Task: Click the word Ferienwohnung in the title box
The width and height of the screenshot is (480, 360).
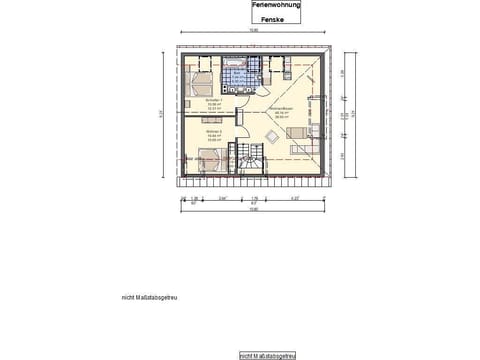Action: click(x=272, y=6)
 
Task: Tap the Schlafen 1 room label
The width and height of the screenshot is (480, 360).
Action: click(x=199, y=103)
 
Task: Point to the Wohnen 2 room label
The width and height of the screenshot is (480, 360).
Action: click(x=200, y=134)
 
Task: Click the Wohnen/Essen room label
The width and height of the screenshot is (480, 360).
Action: click(x=281, y=112)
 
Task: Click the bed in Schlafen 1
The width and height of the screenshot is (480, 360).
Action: click(x=197, y=80)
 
